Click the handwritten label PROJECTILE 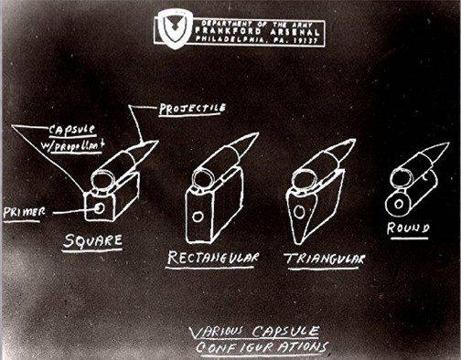(192, 109)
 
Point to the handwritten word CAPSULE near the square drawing (72, 131)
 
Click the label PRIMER (25, 212)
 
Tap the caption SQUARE (92, 241)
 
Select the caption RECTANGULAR (212, 258)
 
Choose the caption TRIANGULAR (325, 259)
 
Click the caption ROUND (409, 228)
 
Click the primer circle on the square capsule (100, 208)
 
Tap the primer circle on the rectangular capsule (198, 217)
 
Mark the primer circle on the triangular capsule (299, 212)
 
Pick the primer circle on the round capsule (399, 204)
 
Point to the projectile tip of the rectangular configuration (258, 133)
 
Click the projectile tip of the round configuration (448, 143)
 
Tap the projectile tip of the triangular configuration (355, 140)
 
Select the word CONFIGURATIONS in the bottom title (262, 347)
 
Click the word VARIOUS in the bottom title (217, 333)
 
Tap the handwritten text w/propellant (72, 145)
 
